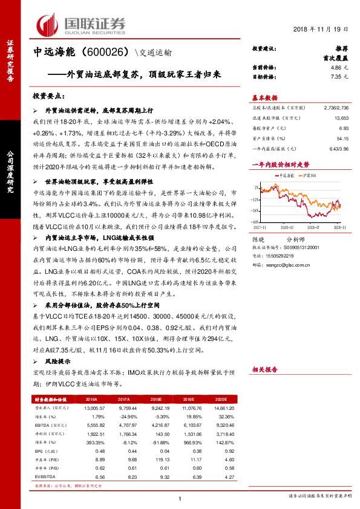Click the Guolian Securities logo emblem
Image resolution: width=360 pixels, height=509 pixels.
[47, 24]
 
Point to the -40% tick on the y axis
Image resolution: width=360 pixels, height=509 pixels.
[257, 222]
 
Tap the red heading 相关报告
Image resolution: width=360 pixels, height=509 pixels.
[264, 368]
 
